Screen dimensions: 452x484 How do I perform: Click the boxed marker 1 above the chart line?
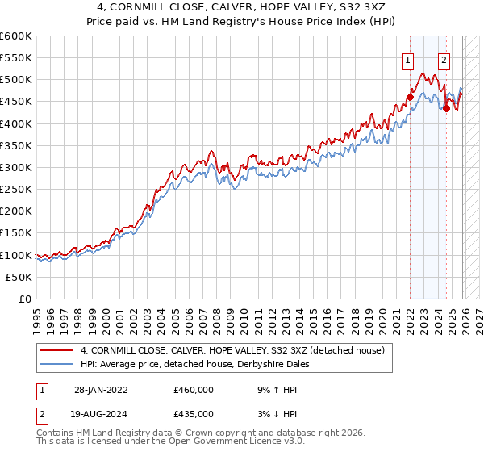click(x=409, y=59)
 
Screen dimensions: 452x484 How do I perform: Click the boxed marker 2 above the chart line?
click(x=444, y=59)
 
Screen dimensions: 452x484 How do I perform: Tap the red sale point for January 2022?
click(x=410, y=97)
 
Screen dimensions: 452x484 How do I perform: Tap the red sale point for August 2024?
click(x=446, y=108)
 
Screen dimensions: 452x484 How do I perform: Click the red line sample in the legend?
click(x=57, y=350)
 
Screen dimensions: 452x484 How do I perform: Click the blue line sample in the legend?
click(x=57, y=364)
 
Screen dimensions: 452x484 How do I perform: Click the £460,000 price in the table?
click(x=193, y=389)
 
